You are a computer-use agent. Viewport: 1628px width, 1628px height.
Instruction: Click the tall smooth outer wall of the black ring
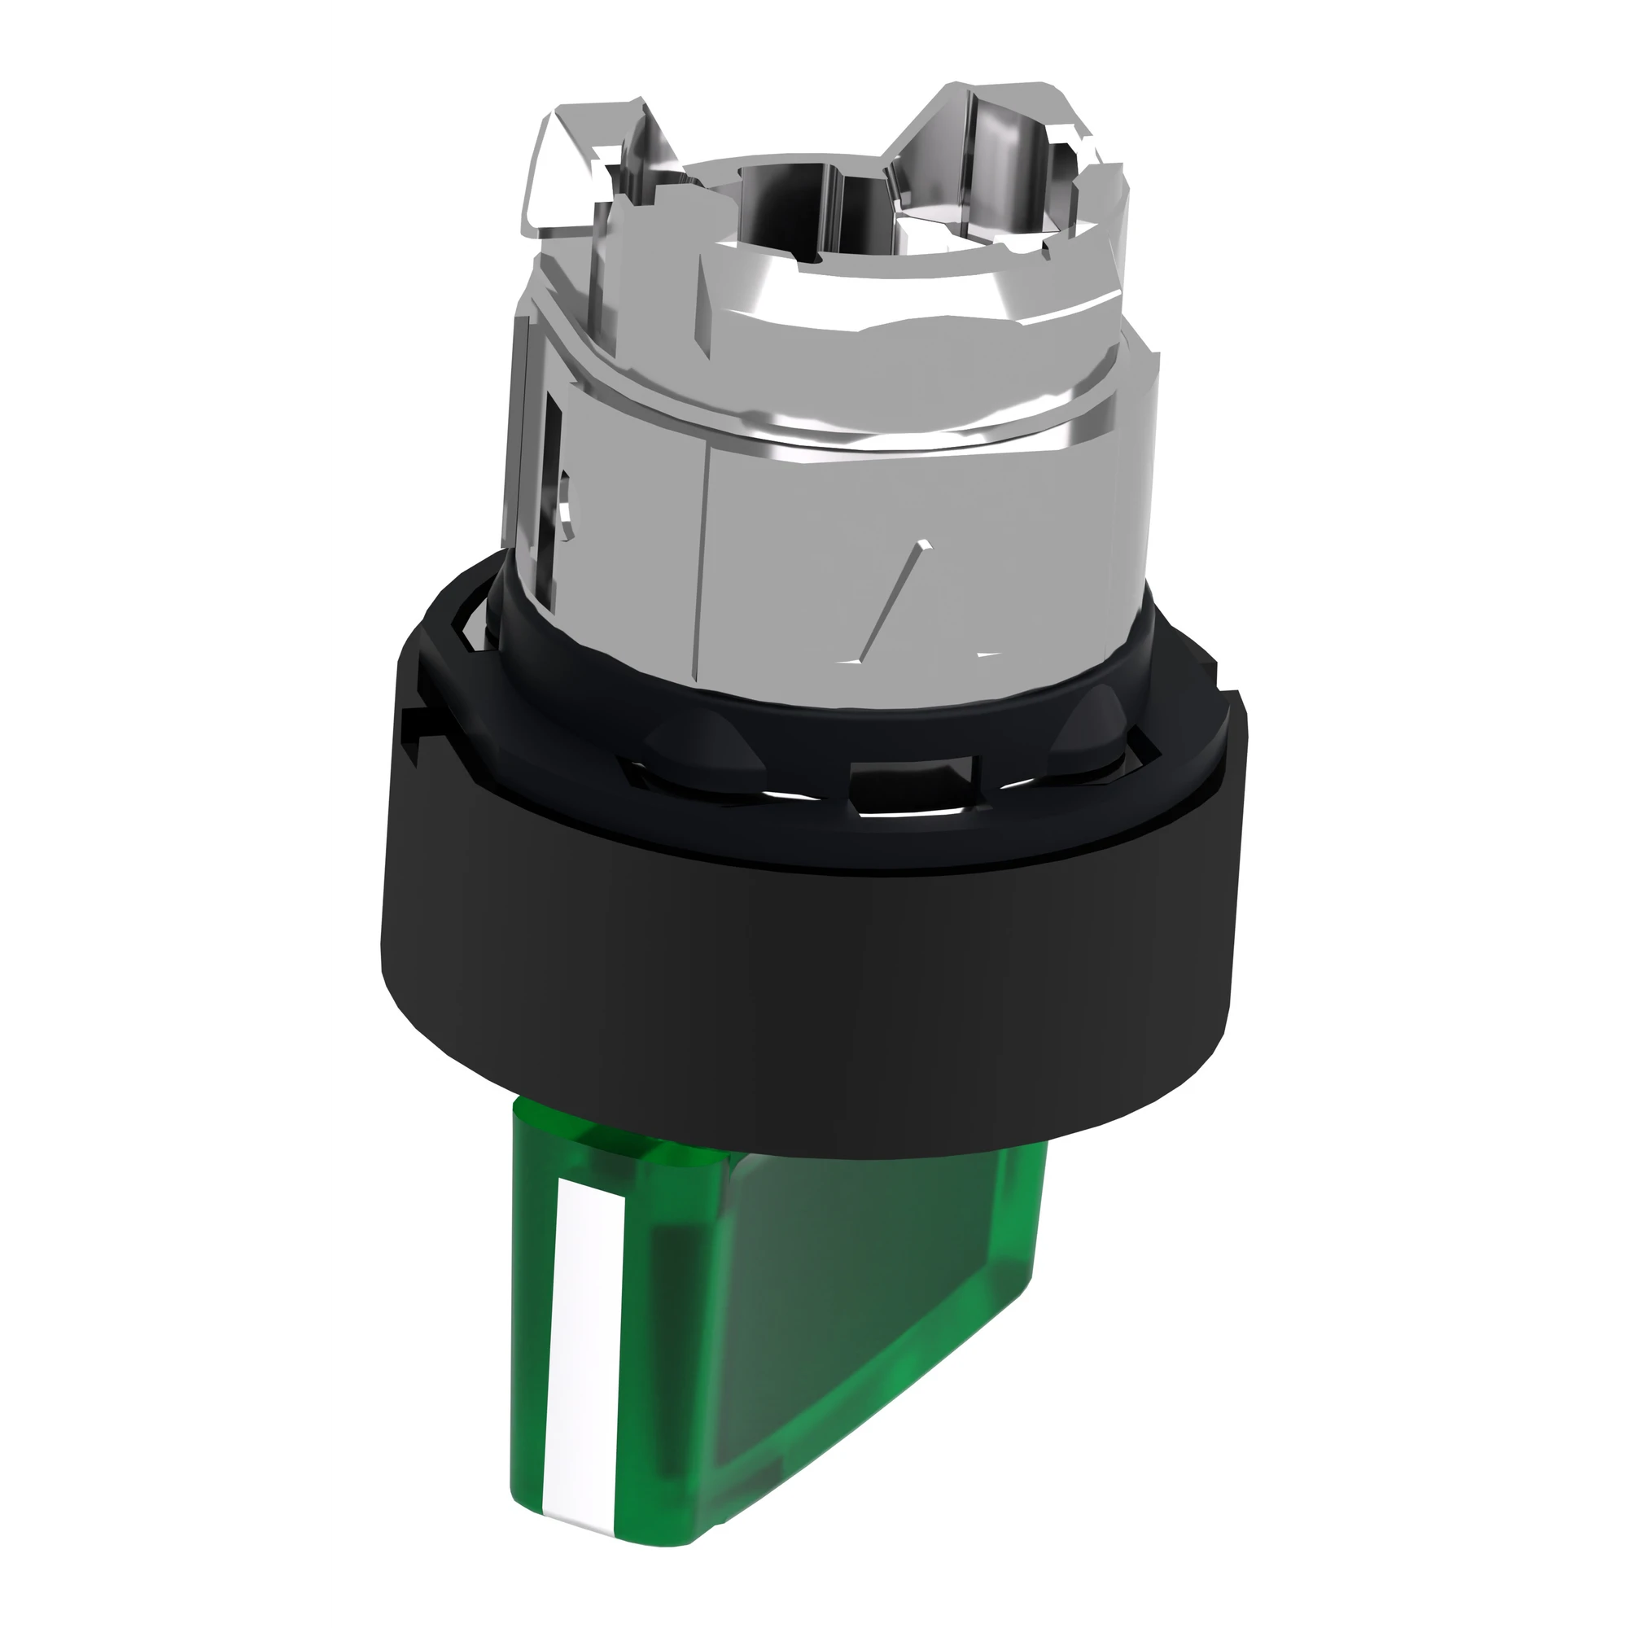pos(809,969)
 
